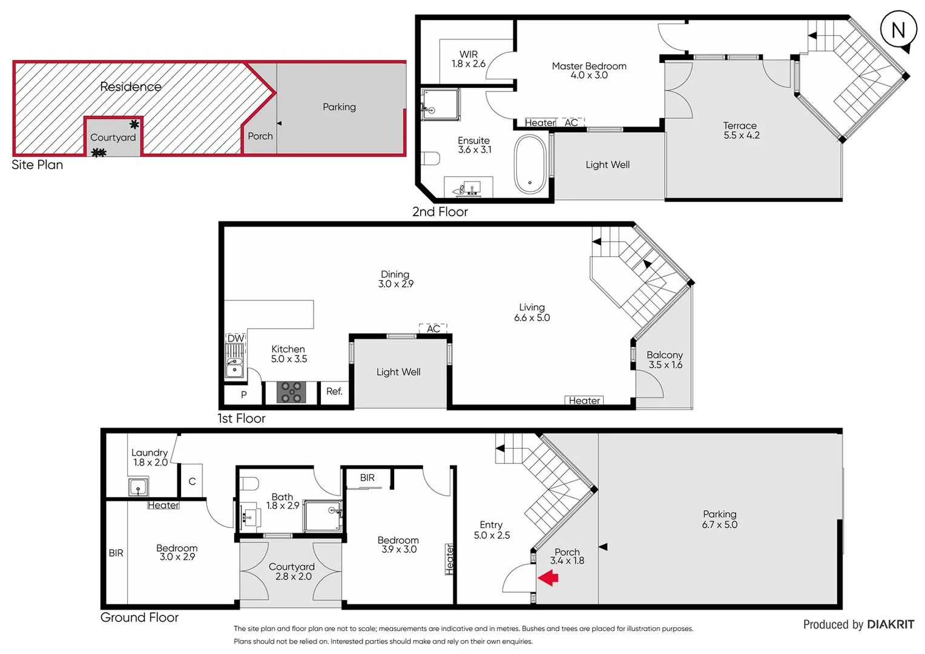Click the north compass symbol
point(898,30)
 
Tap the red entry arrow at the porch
point(548,578)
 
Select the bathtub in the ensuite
point(530,164)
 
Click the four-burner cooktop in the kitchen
point(291,392)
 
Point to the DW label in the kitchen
point(235,339)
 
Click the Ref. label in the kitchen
point(334,392)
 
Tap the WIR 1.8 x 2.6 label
point(469,59)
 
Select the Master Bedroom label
point(589,70)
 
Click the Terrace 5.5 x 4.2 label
point(741,130)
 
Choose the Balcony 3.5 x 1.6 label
point(665,360)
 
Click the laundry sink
point(138,486)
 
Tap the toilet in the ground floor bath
point(249,483)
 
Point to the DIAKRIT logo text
point(890,624)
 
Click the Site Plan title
point(38,165)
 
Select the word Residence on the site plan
point(131,87)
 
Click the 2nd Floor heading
point(440,212)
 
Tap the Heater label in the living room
point(584,400)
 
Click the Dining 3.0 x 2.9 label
point(395,279)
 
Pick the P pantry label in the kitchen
point(243,394)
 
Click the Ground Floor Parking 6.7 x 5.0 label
point(720,519)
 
